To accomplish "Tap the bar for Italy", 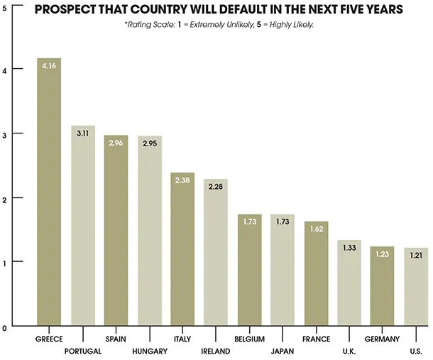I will (182, 249).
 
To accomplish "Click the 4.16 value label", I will (50, 66).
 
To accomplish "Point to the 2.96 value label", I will (116, 143).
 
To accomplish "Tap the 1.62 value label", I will (315, 229).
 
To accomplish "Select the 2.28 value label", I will (216, 187).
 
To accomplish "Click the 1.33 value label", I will (349, 248).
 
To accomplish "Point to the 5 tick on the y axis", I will (5, 5).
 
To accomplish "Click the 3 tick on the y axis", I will (5, 133).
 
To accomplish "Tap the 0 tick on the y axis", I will (5, 327).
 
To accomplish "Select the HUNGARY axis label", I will (150, 351).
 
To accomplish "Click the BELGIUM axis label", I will (249, 339).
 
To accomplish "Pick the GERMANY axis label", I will (382, 339).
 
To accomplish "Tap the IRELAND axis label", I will (216, 351).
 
